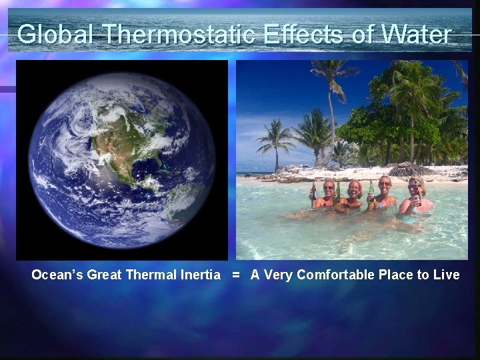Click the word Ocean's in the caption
click(57, 275)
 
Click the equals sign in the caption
click(235, 275)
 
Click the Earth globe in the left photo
click(121, 160)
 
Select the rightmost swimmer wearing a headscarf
click(417, 197)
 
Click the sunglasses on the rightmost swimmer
click(415, 186)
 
